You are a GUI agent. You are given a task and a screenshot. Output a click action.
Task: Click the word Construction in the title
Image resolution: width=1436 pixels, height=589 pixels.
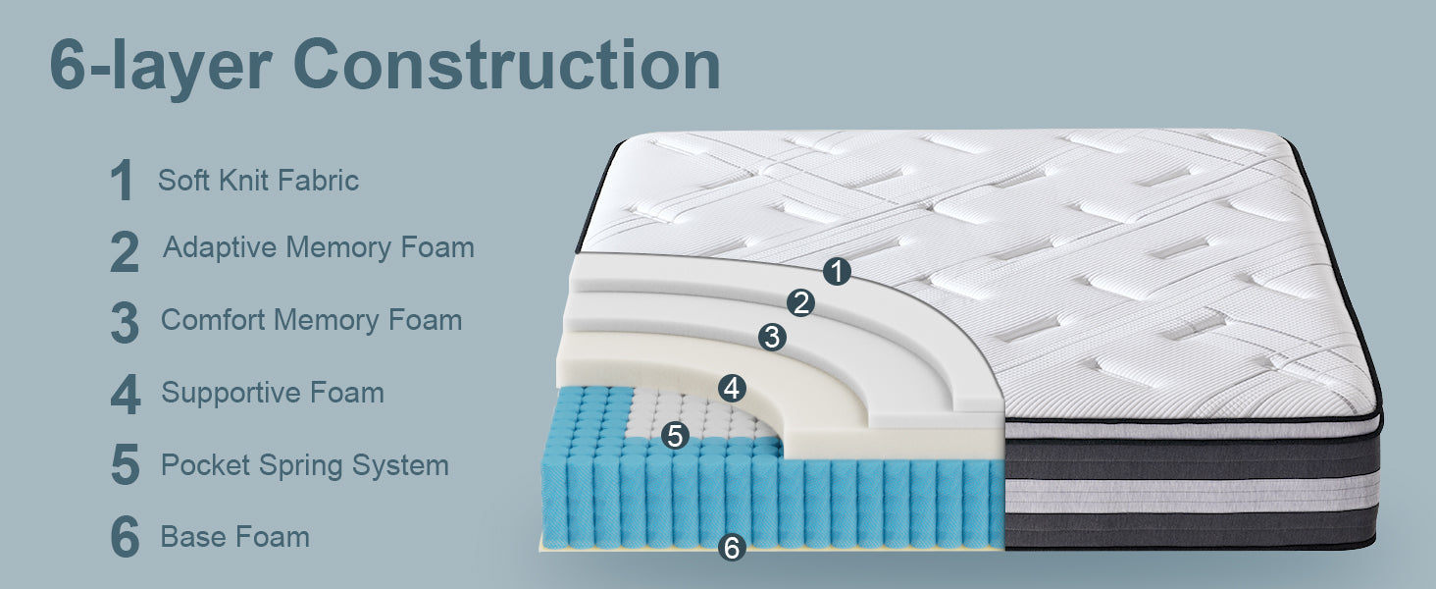pos(507,65)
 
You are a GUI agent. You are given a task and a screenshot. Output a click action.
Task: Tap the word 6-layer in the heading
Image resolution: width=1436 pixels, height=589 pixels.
pos(161,67)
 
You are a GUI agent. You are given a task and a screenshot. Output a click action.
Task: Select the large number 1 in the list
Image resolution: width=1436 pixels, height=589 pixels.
pos(122,181)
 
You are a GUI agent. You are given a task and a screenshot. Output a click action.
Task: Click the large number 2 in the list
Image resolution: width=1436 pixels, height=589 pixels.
pos(125,252)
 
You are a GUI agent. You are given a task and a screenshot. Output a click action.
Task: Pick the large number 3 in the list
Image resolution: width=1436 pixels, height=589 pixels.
pos(125,322)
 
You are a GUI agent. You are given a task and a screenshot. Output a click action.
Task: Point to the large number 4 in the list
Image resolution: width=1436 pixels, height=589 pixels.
pos(126,394)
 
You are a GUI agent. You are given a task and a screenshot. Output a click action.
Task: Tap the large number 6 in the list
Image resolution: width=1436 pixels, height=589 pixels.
pos(125,536)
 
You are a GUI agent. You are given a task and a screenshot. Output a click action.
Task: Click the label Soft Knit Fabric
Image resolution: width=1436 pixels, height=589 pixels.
pos(258,181)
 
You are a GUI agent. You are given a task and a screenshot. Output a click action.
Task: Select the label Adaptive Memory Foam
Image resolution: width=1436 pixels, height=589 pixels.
pos(319,248)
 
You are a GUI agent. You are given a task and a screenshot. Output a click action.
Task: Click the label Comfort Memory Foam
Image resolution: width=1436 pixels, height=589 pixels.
pos(312,320)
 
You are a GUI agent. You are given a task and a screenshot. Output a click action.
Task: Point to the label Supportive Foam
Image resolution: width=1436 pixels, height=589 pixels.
pos(273,393)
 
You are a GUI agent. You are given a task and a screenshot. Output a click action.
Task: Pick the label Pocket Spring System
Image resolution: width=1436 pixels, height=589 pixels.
pos(304,466)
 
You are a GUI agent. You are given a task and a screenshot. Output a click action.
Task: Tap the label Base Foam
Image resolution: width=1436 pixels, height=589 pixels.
pos(235,537)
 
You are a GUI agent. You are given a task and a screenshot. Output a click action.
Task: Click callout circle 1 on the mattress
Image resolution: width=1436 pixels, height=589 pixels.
pos(838,271)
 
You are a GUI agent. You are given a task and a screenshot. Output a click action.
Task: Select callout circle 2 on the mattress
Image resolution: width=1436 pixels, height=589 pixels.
pos(800,302)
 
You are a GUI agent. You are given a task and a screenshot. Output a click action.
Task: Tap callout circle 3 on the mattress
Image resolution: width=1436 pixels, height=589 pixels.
pos(773,337)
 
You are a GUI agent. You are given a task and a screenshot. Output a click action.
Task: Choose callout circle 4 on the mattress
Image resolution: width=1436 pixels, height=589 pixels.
pos(732,388)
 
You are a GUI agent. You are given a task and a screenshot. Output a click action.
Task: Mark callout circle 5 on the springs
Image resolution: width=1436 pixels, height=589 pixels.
pos(675,435)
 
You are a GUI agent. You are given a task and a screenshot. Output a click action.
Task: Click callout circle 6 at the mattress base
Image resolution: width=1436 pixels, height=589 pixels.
pos(732,548)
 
